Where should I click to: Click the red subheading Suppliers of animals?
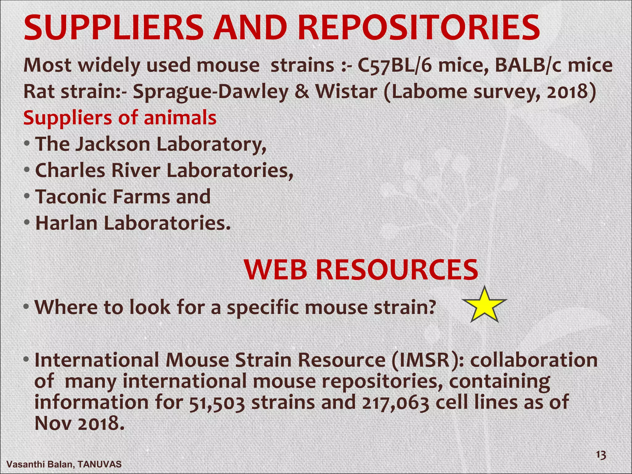point(120,118)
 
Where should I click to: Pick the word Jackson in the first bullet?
point(113,144)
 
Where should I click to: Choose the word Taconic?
point(71,197)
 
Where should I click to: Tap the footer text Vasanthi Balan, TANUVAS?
point(64,464)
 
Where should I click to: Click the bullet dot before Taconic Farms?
point(27,196)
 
